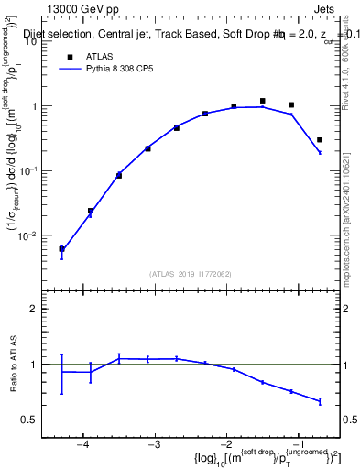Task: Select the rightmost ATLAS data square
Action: click(x=320, y=140)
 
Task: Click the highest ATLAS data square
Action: click(x=262, y=101)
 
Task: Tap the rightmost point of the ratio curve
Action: click(x=320, y=401)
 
